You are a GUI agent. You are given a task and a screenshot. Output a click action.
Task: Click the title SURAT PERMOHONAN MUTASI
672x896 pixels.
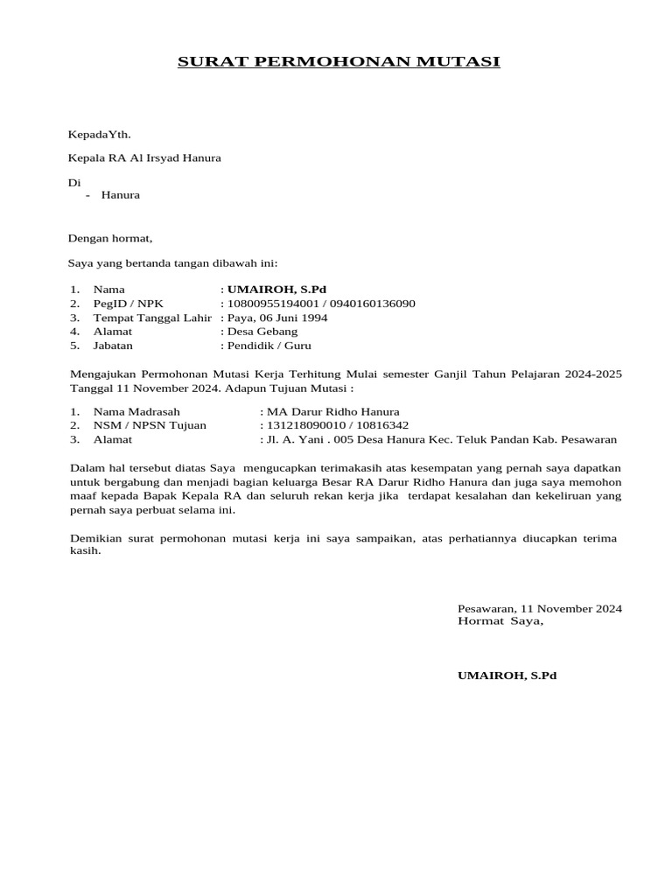click(339, 62)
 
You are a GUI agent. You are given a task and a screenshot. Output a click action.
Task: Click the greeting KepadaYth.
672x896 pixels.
click(99, 134)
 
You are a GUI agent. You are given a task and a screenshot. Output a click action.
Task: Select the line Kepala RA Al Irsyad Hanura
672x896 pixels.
click(144, 158)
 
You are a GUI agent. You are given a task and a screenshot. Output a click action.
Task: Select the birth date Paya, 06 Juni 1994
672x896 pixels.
click(277, 318)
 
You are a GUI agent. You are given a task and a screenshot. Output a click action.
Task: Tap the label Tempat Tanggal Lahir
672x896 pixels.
click(152, 318)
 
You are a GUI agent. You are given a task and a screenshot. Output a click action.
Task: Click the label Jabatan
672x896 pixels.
click(114, 346)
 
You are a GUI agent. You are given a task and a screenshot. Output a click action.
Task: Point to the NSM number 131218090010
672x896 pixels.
click(303, 425)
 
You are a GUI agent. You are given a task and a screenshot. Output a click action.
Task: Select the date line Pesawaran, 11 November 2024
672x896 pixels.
click(540, 608)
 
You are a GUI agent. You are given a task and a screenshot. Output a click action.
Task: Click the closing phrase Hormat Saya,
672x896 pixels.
click(500, 621)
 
